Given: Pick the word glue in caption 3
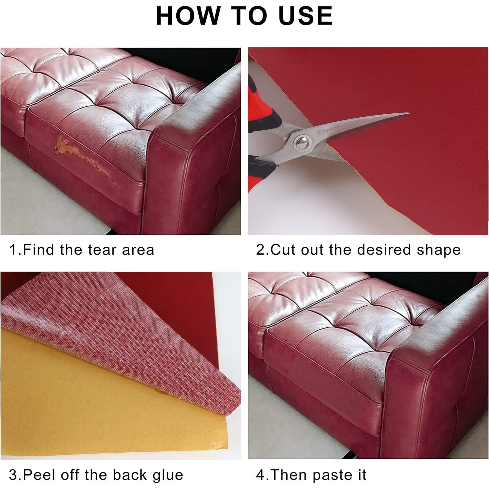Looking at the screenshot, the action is coord(169,476).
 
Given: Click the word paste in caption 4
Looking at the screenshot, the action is coord(330,476).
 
